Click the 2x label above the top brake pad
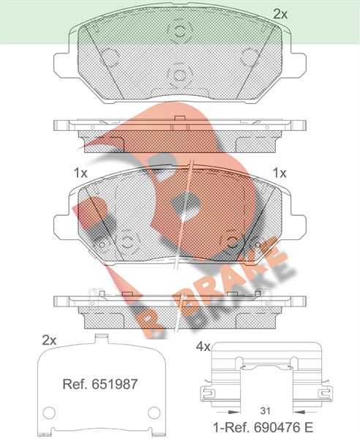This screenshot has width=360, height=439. (x=280, y=14)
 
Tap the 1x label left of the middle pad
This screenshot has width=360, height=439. (x=80, y=173)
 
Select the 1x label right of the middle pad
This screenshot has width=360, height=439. (x=280, y=173)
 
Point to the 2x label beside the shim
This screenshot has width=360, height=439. (x=49, y=340)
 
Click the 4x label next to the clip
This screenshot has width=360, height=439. (x=203, y=347)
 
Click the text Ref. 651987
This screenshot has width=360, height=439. (x=100, y=384)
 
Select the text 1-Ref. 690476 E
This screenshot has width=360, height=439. (x=263, y=427)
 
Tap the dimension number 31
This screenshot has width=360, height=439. (x=265, y=411)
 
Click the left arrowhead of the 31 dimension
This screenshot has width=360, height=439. (x=234, y=412)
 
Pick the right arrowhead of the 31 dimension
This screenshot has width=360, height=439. (x=299, y=412)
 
